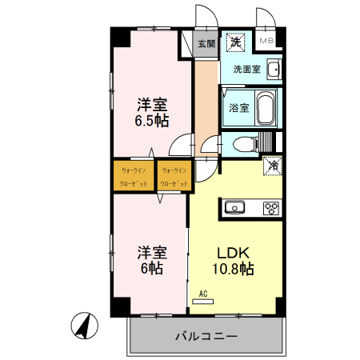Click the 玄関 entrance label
point(206,45)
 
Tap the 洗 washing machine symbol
point(236,41)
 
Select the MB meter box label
point(266,41)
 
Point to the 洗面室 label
point(246,70)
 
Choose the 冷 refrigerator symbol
point(273,167)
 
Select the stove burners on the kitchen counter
point(271,209)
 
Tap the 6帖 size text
point(150,269)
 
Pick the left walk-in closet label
point(134,177)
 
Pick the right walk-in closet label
point(174,177)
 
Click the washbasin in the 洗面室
point(273,70)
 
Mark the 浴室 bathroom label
point(237,106)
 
